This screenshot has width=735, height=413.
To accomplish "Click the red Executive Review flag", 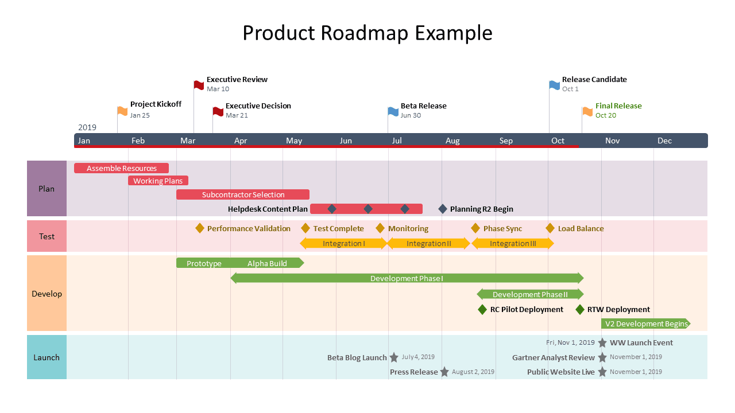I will click(199, 85).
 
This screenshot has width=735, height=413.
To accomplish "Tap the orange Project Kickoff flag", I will click(122, 111).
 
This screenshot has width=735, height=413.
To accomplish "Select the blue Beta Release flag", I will click(393, 111).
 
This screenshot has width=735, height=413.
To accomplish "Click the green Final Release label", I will click(618, 106).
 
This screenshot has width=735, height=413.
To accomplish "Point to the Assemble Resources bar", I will click(121, 168).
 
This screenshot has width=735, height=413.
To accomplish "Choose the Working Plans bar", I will click(158, 181).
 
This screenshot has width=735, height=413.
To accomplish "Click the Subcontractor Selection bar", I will click(243, 194).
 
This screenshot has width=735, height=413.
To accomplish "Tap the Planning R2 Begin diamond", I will click(443, 209).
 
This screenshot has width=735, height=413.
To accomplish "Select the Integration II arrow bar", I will click(429, 243).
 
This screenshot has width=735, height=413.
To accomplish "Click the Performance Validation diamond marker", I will click(200, 228).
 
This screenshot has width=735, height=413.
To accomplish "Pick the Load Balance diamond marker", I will click(550, 228).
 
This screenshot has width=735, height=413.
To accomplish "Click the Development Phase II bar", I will click(530, 294).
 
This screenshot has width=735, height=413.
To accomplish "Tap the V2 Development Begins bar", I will click(646, 324).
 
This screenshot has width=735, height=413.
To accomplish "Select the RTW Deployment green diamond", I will click(580, 310).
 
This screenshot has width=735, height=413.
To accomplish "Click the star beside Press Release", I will click(444, 372).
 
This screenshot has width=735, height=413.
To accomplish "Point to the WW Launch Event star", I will click(602, 343).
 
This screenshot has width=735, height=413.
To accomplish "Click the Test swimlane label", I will click(47, 236).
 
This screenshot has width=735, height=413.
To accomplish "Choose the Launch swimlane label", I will click(47, 357).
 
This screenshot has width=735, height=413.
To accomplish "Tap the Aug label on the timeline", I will click(452, 141).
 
